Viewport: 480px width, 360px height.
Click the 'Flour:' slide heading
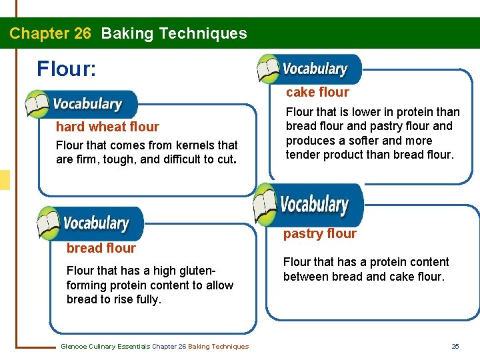pos(67,69)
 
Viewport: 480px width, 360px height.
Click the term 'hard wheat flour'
pos(107,127)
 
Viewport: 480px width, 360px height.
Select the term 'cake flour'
pos(317,92)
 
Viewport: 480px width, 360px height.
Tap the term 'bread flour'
pos(101,248)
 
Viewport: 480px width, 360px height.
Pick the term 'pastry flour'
pos(319,233)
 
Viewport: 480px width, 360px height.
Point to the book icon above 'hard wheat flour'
pos(39,104)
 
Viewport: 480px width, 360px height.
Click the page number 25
pos(455,346)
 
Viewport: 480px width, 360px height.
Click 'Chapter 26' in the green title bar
pos(50,33)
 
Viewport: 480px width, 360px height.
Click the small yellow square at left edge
pos(5,180)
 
